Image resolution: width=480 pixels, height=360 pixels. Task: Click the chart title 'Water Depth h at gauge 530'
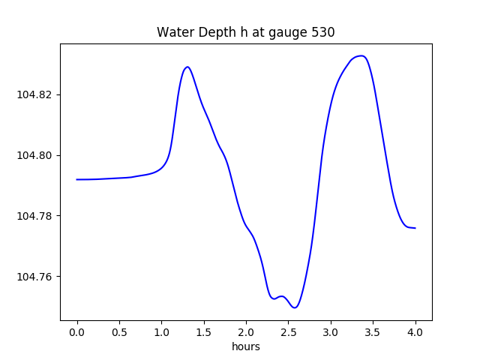coord(245,32)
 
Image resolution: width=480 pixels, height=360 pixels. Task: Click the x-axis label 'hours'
coord(245,347)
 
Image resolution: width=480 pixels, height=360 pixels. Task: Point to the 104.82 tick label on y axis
coord(36,94)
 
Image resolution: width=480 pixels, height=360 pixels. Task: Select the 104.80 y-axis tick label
coord(36,155)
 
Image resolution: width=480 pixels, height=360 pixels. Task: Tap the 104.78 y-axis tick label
coord(36,216)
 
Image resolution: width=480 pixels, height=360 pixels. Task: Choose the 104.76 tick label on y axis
coord(36,277)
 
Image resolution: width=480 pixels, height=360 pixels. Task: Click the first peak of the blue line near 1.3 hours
coord(187,67)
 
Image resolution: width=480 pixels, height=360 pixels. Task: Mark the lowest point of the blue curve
coord(295,307)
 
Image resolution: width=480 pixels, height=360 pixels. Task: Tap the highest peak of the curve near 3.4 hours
coord(361,55)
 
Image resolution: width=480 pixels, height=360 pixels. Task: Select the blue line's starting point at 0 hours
coord(77,179)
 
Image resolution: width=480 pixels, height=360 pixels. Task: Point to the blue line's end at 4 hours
coord(415,228)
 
